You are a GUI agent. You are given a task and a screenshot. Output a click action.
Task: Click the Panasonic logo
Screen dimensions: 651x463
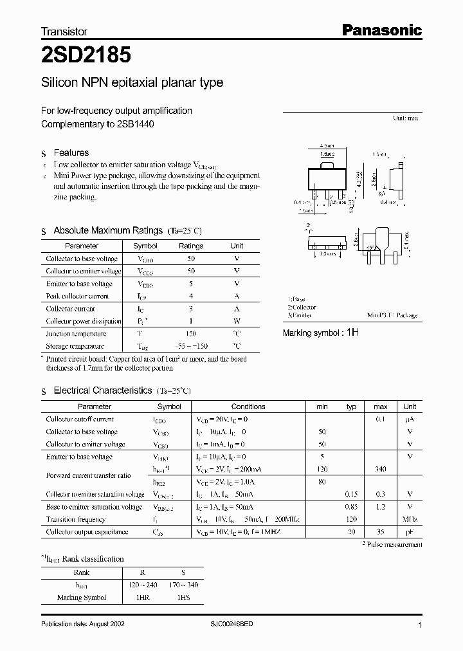(x=381, y=30)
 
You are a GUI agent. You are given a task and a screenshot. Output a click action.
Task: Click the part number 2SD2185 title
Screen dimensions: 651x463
(x=87, y=55)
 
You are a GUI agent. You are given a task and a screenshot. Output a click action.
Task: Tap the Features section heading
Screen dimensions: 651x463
(x=71, y=152)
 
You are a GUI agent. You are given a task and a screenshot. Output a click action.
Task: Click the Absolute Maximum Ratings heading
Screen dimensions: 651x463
(x=107, y=230)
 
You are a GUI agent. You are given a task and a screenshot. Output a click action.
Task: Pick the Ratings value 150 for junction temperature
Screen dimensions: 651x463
(x=191, y=334)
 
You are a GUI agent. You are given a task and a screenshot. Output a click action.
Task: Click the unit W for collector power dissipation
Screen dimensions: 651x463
(x=237, y=321)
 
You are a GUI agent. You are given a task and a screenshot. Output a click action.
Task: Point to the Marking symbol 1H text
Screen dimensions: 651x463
(x=321, y=333)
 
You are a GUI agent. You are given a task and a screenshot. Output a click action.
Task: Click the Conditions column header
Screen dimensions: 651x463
(x=248, y=407)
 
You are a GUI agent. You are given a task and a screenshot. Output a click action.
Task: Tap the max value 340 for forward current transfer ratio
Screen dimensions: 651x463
(x=380, y=470)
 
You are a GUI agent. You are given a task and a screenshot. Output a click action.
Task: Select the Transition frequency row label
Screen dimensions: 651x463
(x=75, y=519)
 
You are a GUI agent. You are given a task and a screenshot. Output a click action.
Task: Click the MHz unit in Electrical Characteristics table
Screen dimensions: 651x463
(x=410, y=519)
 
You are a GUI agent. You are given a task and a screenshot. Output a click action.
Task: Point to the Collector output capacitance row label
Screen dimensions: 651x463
(x=87, y=532)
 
